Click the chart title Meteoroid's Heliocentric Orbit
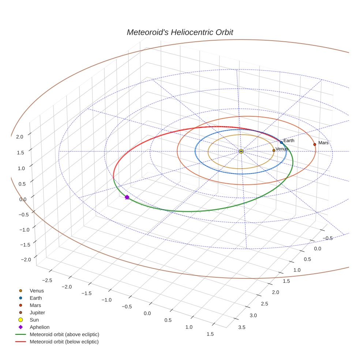point(180,33)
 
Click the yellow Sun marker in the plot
point(241,151)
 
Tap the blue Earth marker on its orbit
point(281,142)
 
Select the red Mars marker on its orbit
point(315,145)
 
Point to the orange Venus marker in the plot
point(274,150)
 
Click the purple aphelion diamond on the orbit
point(127,197)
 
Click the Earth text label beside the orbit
point(289,140)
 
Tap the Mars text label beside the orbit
point(323,143)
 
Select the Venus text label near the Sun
point(282,149)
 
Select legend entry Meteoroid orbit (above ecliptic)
point(64,334)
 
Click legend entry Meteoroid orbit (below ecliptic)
point(64,342)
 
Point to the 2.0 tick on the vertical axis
point(20,137)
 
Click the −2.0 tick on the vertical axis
point(26,259)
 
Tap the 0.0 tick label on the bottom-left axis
point(147,313)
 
